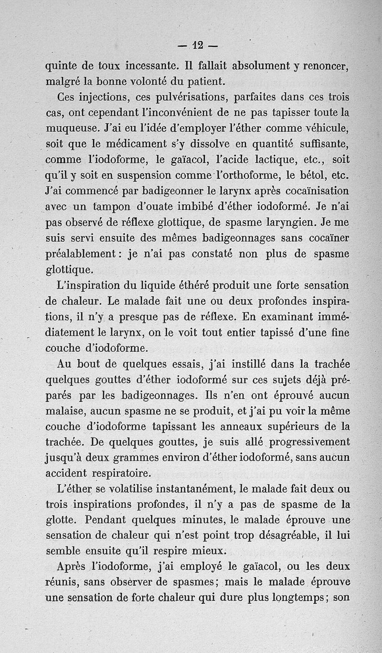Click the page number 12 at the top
pos(198,45)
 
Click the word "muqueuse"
pos(73,129)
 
